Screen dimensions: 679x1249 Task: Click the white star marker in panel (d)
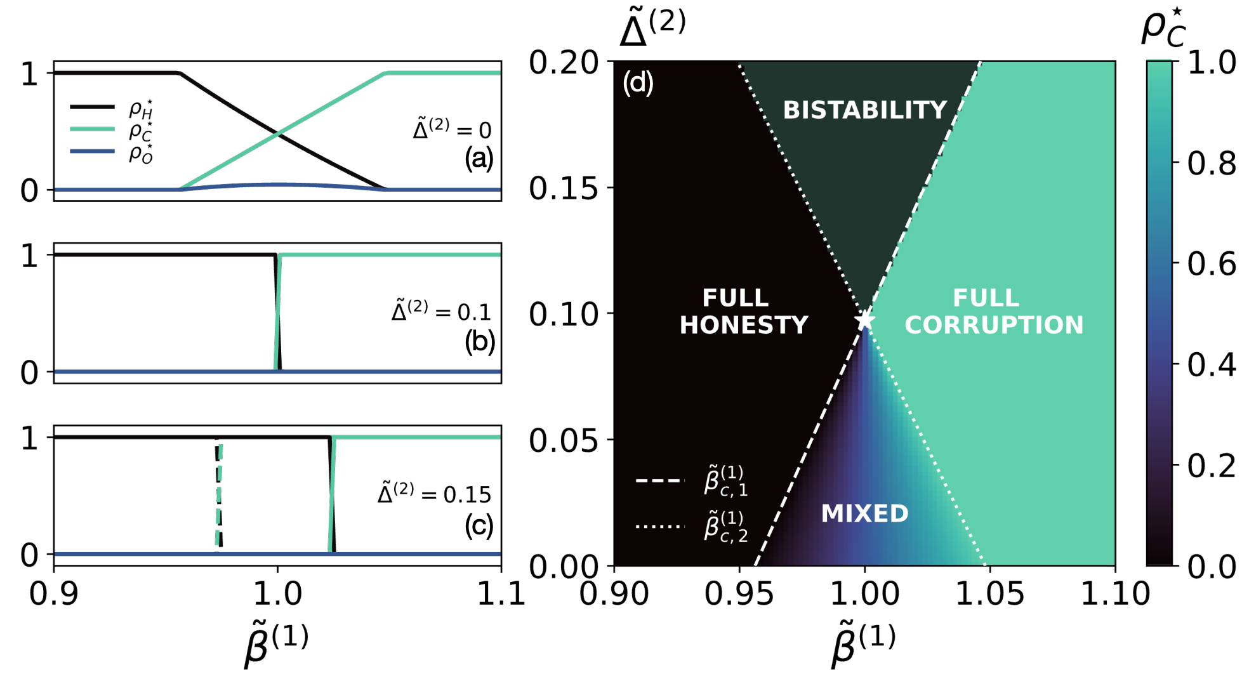coord(864,320)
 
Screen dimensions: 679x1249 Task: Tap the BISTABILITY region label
coord(865,110)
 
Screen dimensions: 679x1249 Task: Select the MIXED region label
coord(864,513)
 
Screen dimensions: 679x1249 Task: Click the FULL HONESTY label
coord(743,312)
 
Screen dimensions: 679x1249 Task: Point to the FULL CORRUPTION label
coord(993,312)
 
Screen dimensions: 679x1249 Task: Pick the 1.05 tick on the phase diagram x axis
coord(989,594)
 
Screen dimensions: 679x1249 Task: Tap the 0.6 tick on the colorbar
coord(1211,264)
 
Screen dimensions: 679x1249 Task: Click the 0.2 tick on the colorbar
coord(1211,466)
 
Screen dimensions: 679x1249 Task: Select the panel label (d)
coord(638,83)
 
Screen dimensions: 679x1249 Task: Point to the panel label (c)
coord(479,525)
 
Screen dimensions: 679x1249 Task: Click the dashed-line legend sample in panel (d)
coord(660,481)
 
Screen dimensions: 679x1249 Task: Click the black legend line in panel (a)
coord(92,107)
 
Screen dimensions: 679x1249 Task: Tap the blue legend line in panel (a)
coord(92,152)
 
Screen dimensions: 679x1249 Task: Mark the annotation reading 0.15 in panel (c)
coord(434,494)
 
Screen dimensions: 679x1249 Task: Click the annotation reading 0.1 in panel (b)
coord(441,312)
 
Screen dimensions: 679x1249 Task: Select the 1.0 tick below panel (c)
coord(277,594)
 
